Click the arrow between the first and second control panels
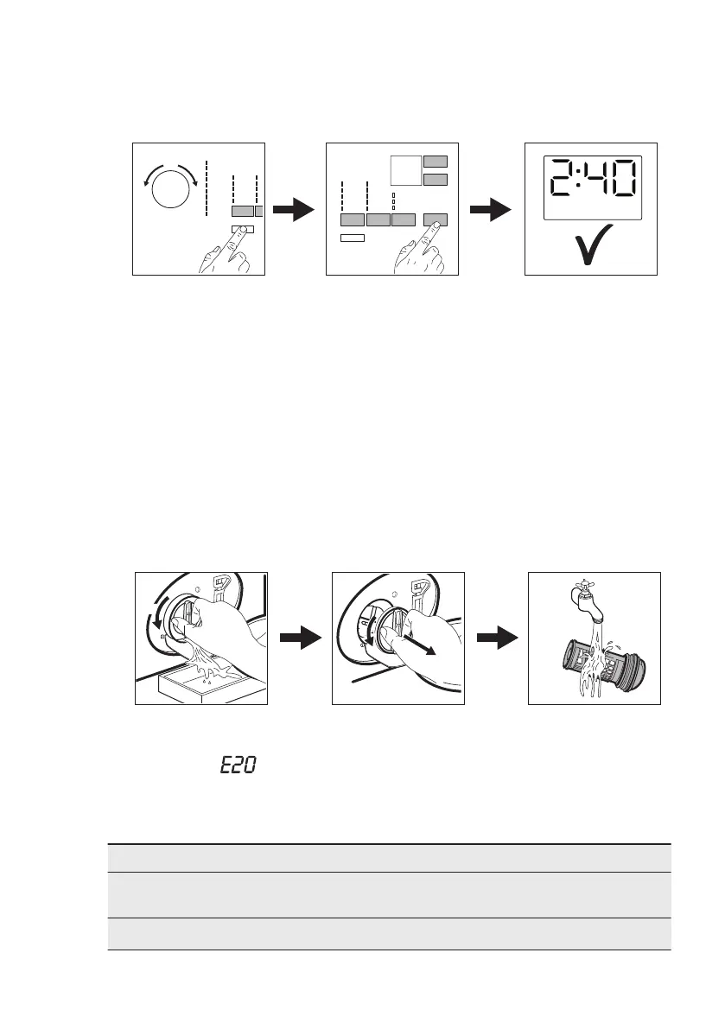(x=293, y=210)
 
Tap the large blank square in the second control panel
(x=405, y=170)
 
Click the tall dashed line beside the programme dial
(x=207, y=187)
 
